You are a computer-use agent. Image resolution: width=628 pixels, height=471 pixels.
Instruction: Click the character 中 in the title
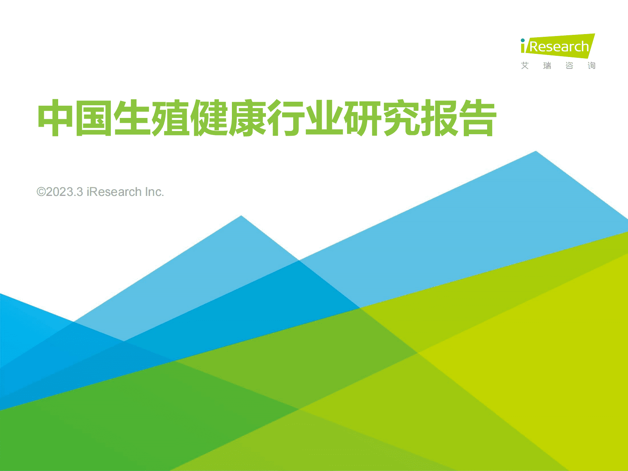coord(56,118)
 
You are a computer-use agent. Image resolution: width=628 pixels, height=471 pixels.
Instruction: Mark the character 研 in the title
coord(362,118)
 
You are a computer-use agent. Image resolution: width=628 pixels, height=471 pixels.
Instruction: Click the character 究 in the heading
coord(400,118)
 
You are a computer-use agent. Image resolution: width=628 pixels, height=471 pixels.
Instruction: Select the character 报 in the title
coord(439,118)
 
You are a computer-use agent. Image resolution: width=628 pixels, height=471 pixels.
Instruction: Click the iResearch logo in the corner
coord(558,46)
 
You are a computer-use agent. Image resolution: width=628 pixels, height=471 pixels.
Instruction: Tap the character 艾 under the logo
coord(525,66)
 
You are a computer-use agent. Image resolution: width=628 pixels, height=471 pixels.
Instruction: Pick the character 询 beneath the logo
coord(591,66)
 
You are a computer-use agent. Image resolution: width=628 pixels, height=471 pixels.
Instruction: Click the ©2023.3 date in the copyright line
coord(60,192)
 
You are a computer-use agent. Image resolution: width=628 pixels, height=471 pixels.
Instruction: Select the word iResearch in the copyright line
coord(114,192)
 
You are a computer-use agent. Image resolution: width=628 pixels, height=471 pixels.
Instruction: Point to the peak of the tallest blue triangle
coord(536,152)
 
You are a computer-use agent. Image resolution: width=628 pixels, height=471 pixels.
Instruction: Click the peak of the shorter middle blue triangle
coord(241,216)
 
